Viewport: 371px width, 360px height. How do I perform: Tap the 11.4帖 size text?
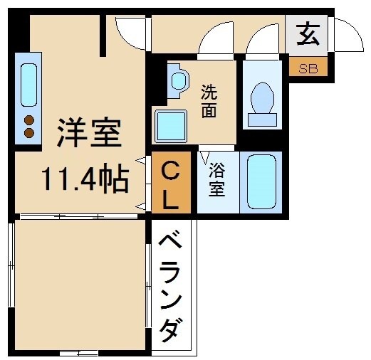click(x=85, y=179)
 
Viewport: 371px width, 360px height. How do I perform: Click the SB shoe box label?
click(x=308, y=69)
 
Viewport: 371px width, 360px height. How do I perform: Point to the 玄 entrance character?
click(x=308, y=34)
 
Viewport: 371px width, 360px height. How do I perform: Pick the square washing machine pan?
click(x=172, y=126)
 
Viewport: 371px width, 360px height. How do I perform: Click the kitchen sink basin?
click(x=28, y=84)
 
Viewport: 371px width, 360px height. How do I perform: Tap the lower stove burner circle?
click(x=29, y=132)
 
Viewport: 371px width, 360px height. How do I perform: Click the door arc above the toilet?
click(x=263, y=39)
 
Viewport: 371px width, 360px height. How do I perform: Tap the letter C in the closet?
click(x=171, y=171)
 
